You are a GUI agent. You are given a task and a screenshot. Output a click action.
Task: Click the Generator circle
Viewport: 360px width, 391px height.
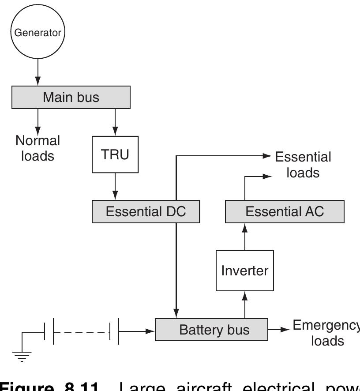pos(37,32)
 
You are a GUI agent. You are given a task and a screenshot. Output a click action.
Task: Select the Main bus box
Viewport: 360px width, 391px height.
pos(71,97)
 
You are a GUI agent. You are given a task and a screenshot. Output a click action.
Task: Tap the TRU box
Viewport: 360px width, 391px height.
pos(115,154)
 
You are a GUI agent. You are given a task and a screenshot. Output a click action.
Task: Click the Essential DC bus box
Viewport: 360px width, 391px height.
pos(146,211)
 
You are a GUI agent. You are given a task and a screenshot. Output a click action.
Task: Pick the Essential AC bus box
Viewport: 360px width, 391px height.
pos(285,211)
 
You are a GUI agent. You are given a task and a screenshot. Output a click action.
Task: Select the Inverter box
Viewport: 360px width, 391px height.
pos(245,270)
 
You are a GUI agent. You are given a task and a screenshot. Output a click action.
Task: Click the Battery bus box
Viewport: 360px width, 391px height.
pos(211,330)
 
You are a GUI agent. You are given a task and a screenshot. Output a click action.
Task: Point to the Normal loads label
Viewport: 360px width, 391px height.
pos(37,148)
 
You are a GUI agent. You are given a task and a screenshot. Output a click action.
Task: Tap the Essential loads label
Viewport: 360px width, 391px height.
pos(303,165)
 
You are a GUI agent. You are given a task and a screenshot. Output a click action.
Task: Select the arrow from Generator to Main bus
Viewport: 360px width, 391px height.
pos(37,71)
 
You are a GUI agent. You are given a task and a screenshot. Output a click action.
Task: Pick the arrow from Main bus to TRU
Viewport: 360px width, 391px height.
pos(115,122)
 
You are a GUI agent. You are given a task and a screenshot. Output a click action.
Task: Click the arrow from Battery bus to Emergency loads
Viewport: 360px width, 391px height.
pos(279,330)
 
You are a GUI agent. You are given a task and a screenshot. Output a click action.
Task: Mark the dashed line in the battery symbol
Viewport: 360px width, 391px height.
pos(82,330)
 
